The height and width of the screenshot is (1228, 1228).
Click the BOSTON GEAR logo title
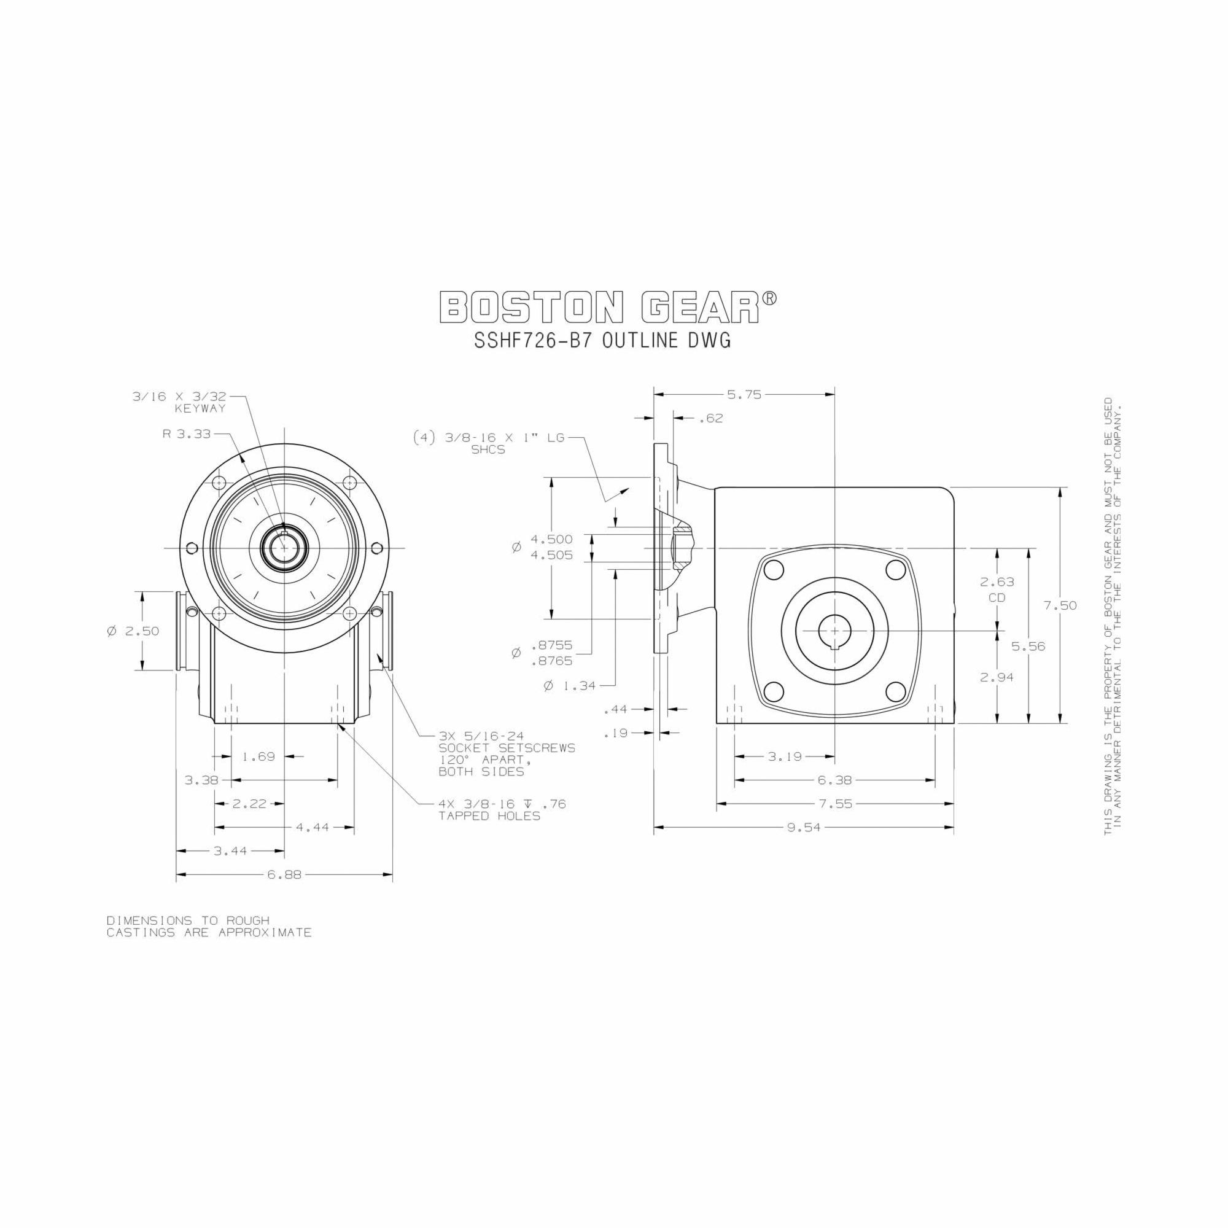point(608,308)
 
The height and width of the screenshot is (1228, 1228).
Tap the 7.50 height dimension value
point(1060,606)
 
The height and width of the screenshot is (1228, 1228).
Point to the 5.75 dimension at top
point(744,395)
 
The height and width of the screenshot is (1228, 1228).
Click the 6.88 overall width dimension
point(284,874)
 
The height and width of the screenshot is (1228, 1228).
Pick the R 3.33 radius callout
point(187,435)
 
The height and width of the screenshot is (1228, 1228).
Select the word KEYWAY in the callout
point(200,409)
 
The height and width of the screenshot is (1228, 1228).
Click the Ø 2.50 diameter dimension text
point(133,631)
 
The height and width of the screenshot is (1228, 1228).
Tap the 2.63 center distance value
point(997,581)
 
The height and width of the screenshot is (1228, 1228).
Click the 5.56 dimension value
point(1028,647)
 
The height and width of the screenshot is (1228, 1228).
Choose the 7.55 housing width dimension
point(835,804)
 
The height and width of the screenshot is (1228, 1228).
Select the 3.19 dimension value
point(785,756)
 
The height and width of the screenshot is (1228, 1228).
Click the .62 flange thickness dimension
point(711,418)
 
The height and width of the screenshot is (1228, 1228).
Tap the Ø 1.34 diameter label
point(570,686)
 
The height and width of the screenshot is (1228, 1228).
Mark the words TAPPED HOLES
point(489,816)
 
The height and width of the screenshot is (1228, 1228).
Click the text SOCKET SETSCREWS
point(507,748)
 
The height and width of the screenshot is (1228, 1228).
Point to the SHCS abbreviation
point(488,450)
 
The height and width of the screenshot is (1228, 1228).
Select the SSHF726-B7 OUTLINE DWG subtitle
point(602,341)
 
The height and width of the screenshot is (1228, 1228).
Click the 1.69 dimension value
point(258,756)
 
